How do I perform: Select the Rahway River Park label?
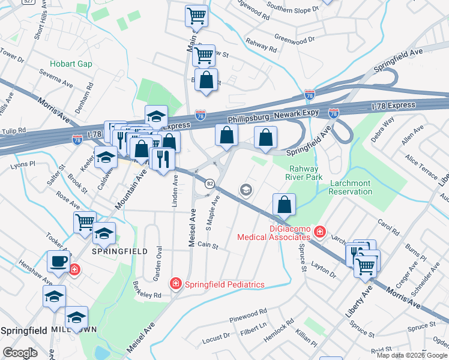[306, 173]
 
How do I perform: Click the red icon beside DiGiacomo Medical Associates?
[321, 231]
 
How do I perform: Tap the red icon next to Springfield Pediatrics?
[176, 283]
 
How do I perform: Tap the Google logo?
[20, 353]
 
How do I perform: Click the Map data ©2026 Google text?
[411, 355]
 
